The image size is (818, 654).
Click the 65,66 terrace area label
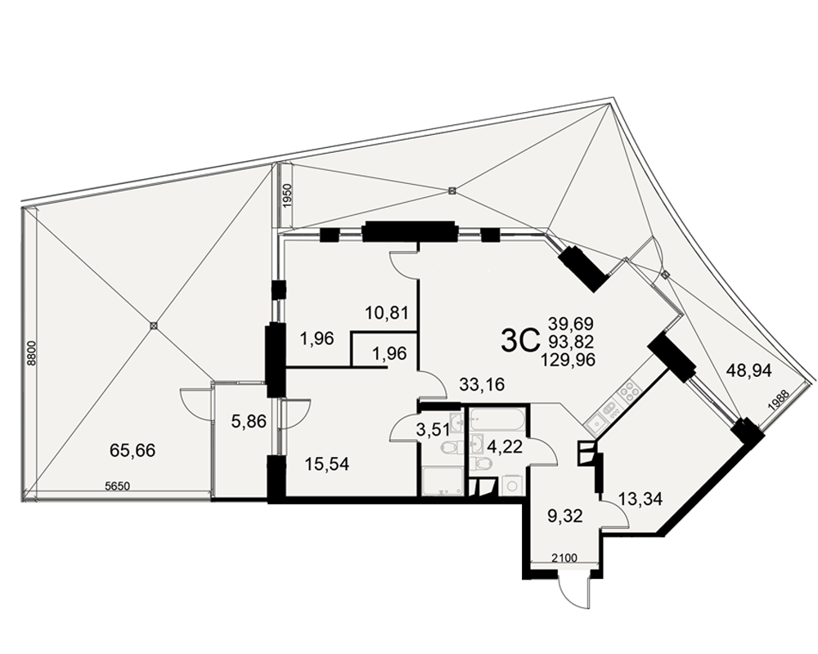(x=133, y=450)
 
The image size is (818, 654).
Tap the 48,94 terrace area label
(x=749, y=370)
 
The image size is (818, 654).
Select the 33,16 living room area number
(x=482, y=385)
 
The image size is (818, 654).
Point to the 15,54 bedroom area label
(x=326, y=464)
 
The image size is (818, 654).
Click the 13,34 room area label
(x=640, y=499)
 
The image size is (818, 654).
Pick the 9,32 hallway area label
(x=564, y=516)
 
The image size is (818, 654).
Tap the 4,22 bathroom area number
(x=504, y=447)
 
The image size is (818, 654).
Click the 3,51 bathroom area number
(x=434, y=431)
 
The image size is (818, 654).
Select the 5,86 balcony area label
(x=249, y=420)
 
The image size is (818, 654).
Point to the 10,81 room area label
(x=386, y=313)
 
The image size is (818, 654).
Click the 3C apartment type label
(x=519, y=342)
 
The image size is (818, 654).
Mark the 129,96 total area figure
(x=569, y=360)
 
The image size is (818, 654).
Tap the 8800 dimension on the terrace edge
(x=31, y=352)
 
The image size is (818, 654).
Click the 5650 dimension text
(x=117, y=486)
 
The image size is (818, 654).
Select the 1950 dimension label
(x=286, y=196)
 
